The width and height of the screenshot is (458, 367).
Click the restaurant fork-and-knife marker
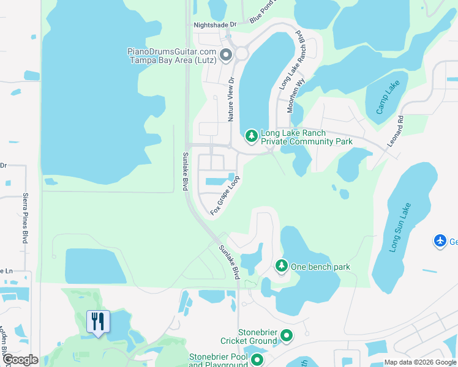pos(98,321)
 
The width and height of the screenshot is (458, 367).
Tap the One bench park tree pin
pos(281,266)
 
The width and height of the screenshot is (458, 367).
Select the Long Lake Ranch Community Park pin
pos(251,135)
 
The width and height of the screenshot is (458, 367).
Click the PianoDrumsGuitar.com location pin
pos(225,56)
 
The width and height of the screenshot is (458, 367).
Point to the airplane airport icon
pos(440,241)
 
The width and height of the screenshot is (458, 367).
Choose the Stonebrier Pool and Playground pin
pos(257,360)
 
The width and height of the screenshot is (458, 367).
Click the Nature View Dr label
pos(231,98)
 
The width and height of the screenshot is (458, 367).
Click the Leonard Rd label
pos(396,132)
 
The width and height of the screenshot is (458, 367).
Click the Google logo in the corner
pos(20,360)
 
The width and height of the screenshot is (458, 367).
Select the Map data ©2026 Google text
pos(421,362)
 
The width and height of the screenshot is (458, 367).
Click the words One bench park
pos(321,267)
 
